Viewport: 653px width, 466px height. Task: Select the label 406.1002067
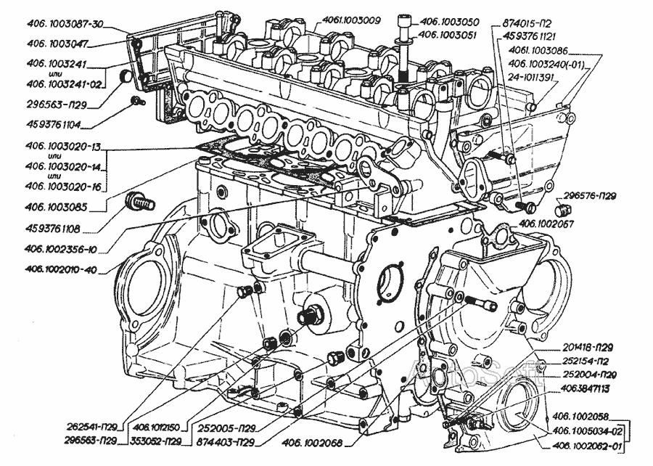[546, 224]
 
